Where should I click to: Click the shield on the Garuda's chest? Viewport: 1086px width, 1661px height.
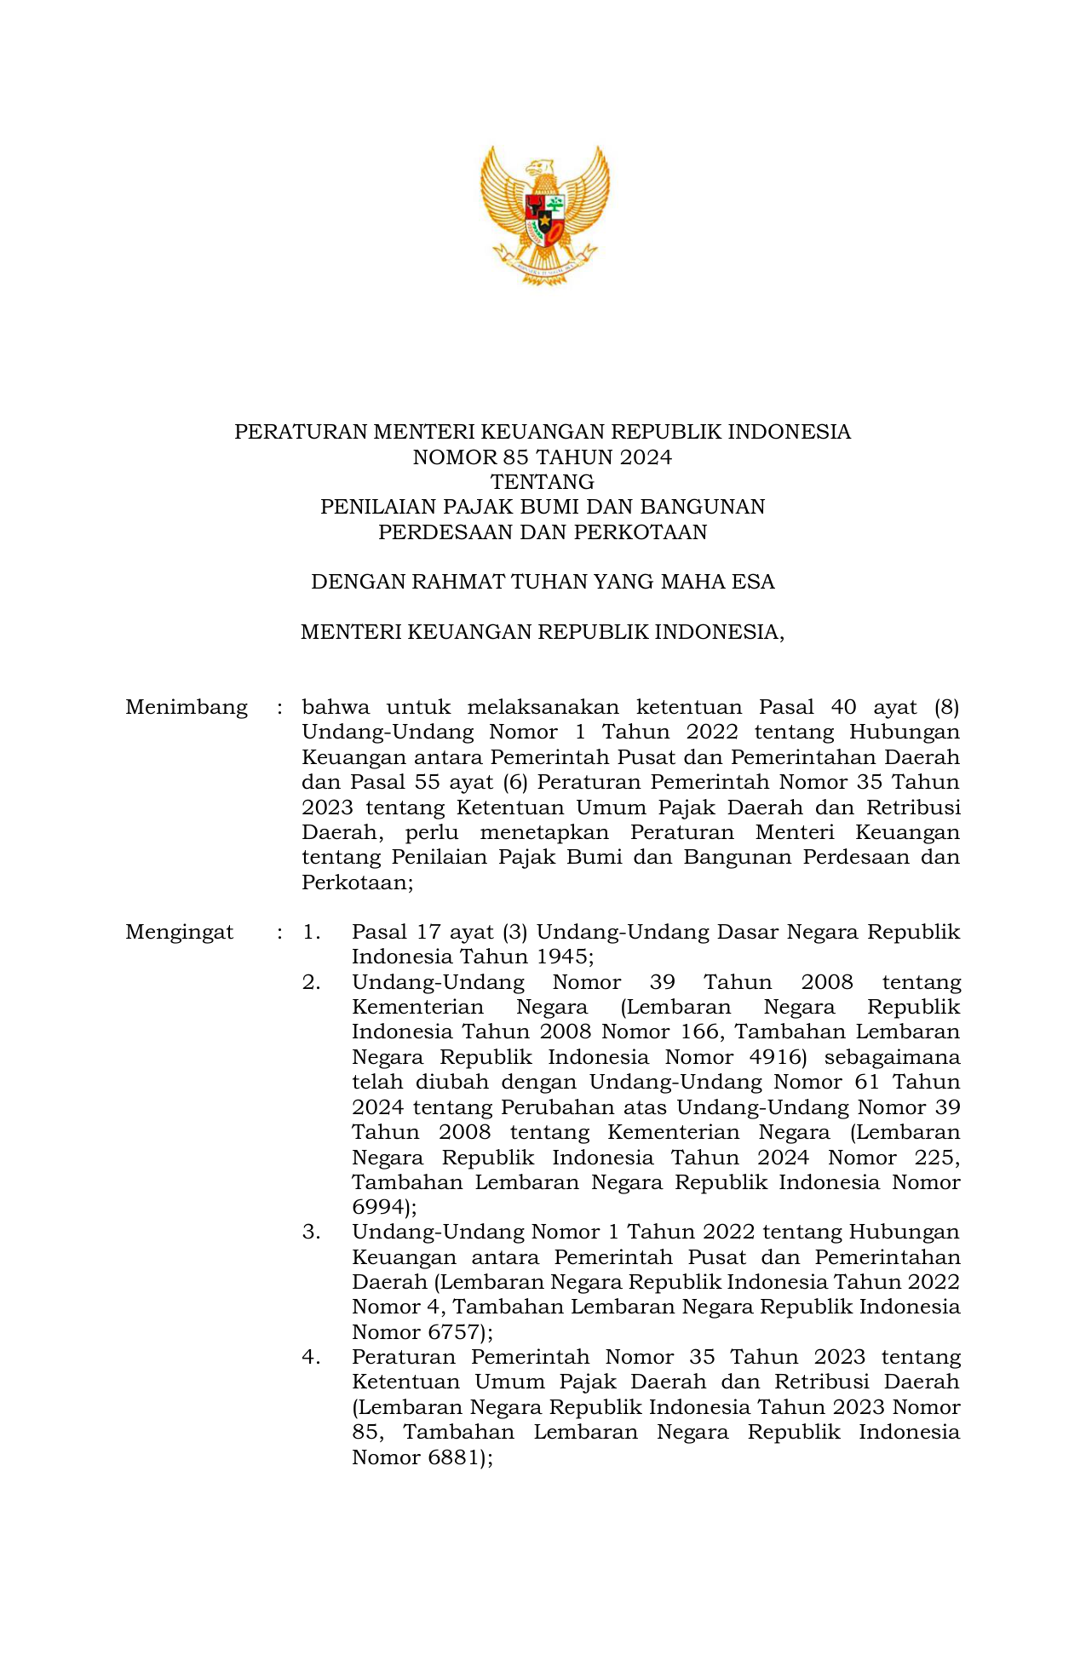tap(544, 217)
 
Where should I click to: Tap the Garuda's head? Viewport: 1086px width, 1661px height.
tap(540, 166)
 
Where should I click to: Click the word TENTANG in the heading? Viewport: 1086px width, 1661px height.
tap(543, 482)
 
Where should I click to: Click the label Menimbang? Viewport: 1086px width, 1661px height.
tap(187, 708)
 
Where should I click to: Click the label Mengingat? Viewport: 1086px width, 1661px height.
tap(179, 933)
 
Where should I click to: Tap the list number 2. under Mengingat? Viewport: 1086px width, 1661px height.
tap(311, 983)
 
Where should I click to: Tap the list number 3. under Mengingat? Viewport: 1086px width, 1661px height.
tap(311, 1233)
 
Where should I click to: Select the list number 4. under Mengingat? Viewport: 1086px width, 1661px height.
tap(311, 1358)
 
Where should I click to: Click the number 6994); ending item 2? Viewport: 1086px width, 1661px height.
tap(384, 1208)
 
